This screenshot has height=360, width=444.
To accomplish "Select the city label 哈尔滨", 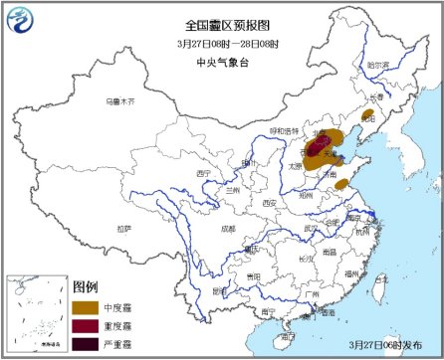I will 379,67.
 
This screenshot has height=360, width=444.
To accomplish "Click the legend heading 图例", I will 87,286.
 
